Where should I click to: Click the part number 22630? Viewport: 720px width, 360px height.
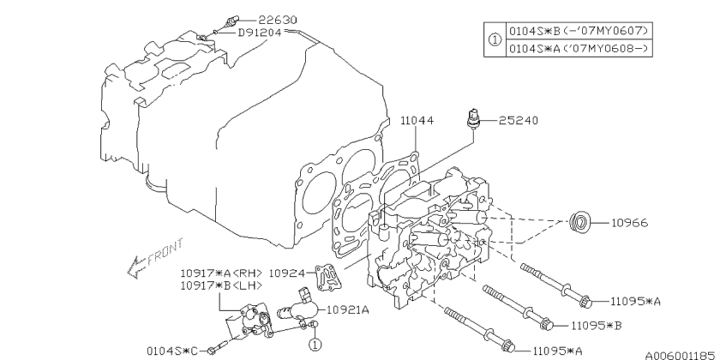coord(263,18)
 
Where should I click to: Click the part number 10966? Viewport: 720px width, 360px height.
coord(629,223)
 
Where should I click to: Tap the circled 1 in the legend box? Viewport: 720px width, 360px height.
coord(493,39)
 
